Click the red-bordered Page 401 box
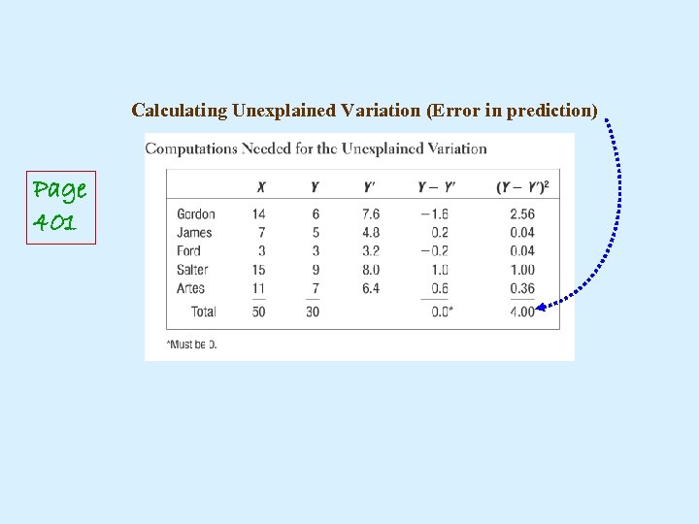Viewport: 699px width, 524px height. (60, 206)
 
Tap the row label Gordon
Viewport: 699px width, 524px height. (196, 213)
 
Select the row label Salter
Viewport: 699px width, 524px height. (194, 270)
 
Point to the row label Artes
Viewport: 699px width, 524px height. (191, 288)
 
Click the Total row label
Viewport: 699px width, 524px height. (203, 311)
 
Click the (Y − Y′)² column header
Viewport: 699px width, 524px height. (521, 187)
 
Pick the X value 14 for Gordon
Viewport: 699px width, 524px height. (258, 213)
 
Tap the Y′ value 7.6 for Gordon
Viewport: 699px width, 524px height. (371, 213)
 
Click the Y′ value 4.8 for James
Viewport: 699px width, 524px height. (371, 232)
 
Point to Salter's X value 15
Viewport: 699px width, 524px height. (258, 270)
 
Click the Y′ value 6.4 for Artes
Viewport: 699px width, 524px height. (371, 288)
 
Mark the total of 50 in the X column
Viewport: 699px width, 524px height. (258, 311)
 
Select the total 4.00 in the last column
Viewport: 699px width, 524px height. (521, 311)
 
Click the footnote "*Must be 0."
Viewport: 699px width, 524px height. (191, 344)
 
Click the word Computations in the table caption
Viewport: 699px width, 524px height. (191, 148)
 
